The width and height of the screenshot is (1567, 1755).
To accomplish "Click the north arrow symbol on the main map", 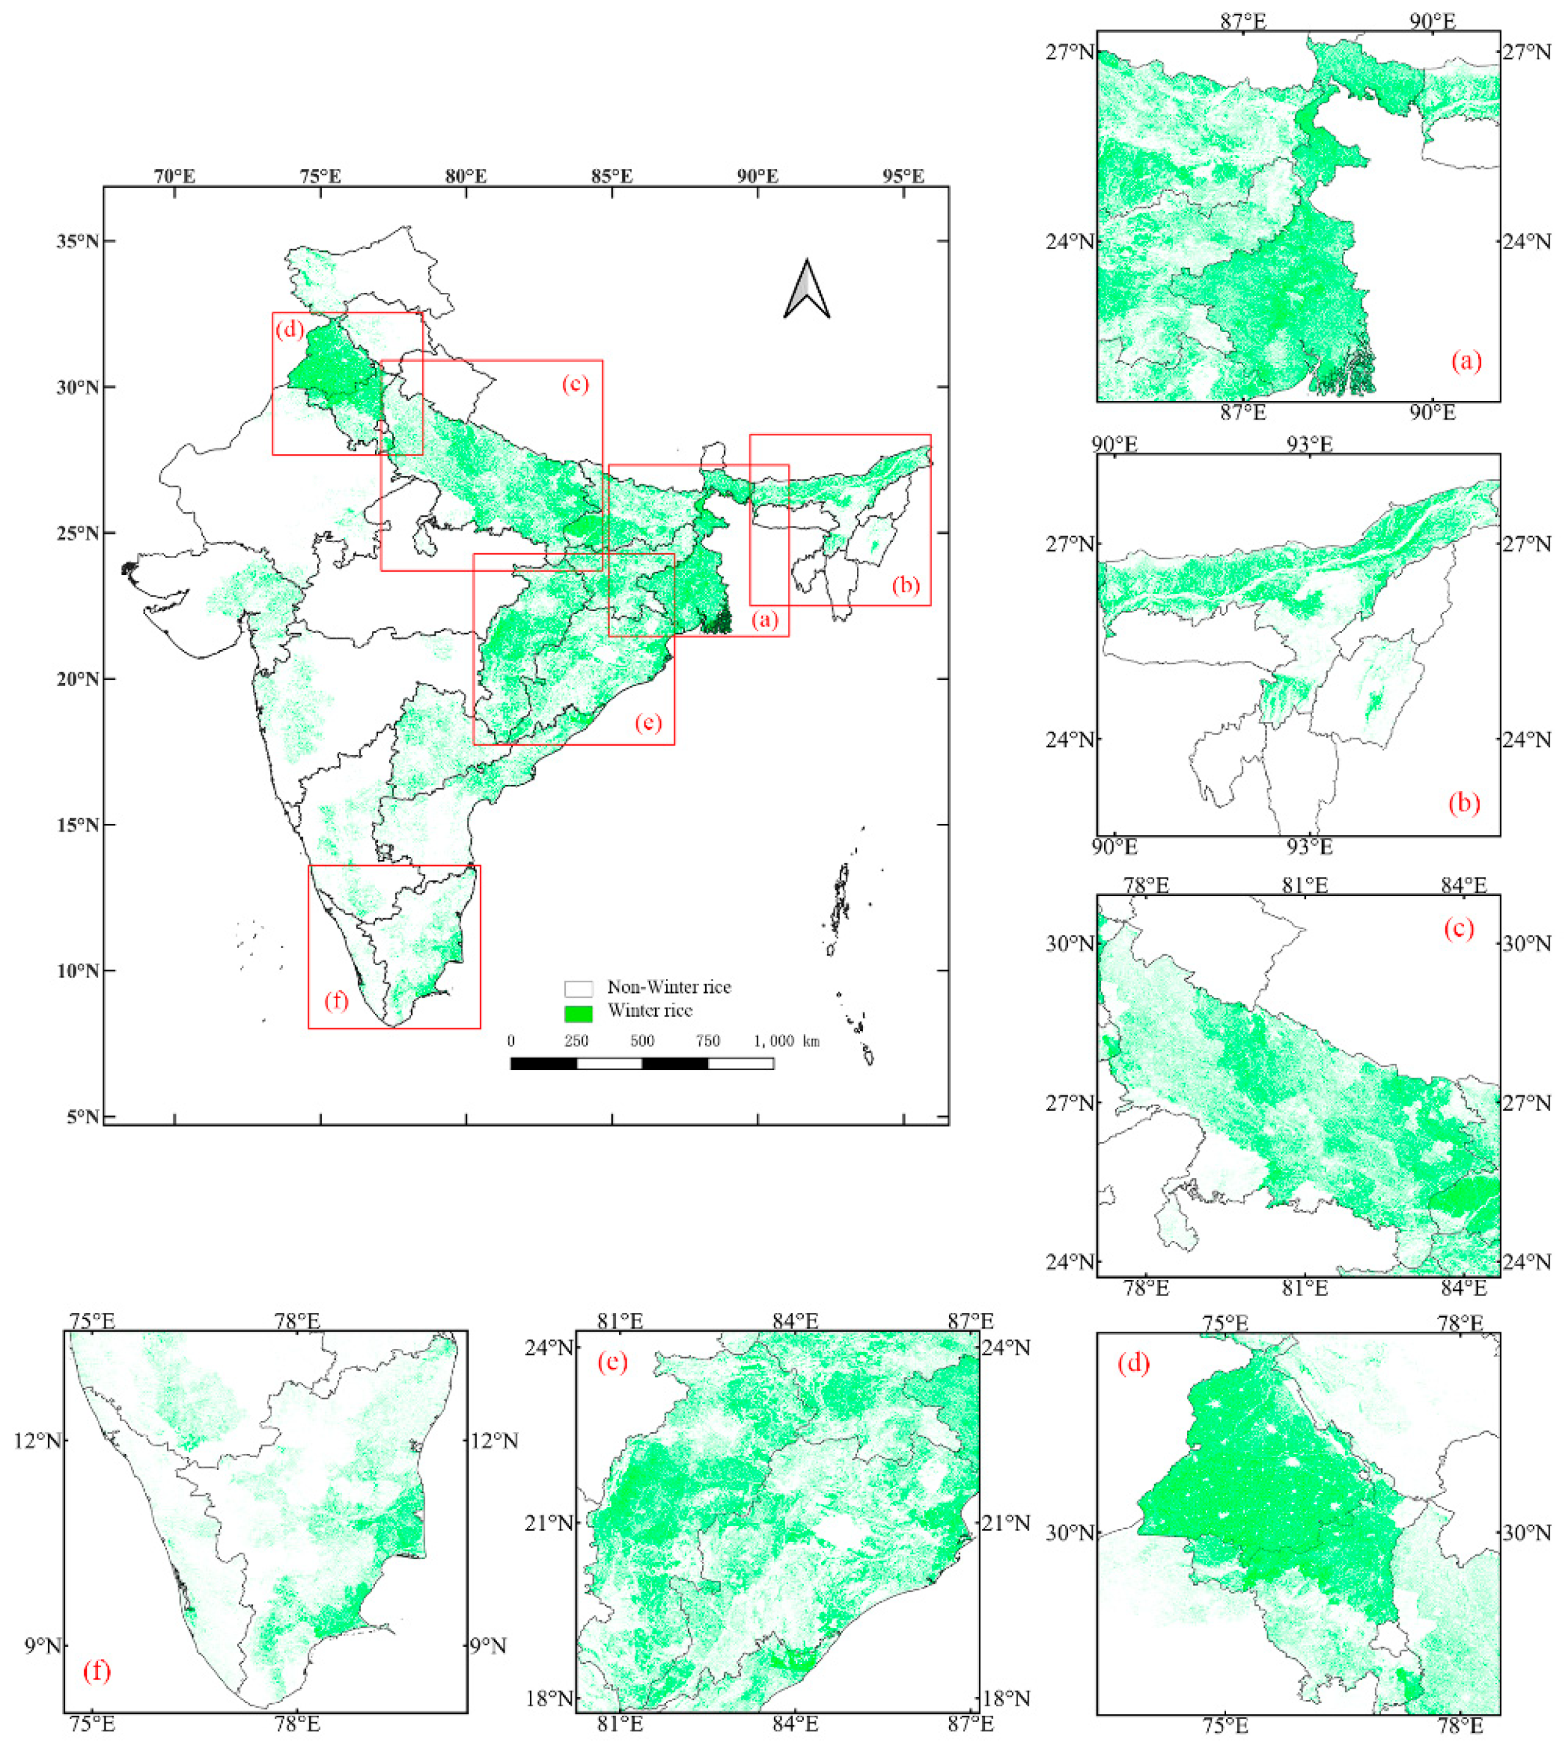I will click(807, 290).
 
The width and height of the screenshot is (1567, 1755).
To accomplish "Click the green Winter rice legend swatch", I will click(578, 1013).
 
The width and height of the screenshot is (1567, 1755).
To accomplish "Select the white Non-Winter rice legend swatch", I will click(578, 988).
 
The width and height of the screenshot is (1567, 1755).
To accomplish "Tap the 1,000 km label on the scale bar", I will click(786, 1041).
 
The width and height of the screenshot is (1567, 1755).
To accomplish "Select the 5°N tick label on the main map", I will click(83, 1117).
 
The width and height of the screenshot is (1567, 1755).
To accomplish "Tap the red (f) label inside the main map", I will click(336, 1001).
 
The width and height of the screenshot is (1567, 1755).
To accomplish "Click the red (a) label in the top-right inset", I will click(1466, 361).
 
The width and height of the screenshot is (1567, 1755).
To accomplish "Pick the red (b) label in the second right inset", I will click(1464, 803).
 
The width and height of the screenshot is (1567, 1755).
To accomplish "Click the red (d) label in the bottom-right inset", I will click(1133, 1363).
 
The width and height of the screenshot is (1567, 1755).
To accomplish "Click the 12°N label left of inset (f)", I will click(38, 1440).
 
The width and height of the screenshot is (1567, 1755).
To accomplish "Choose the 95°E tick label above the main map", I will click(903, 176).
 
